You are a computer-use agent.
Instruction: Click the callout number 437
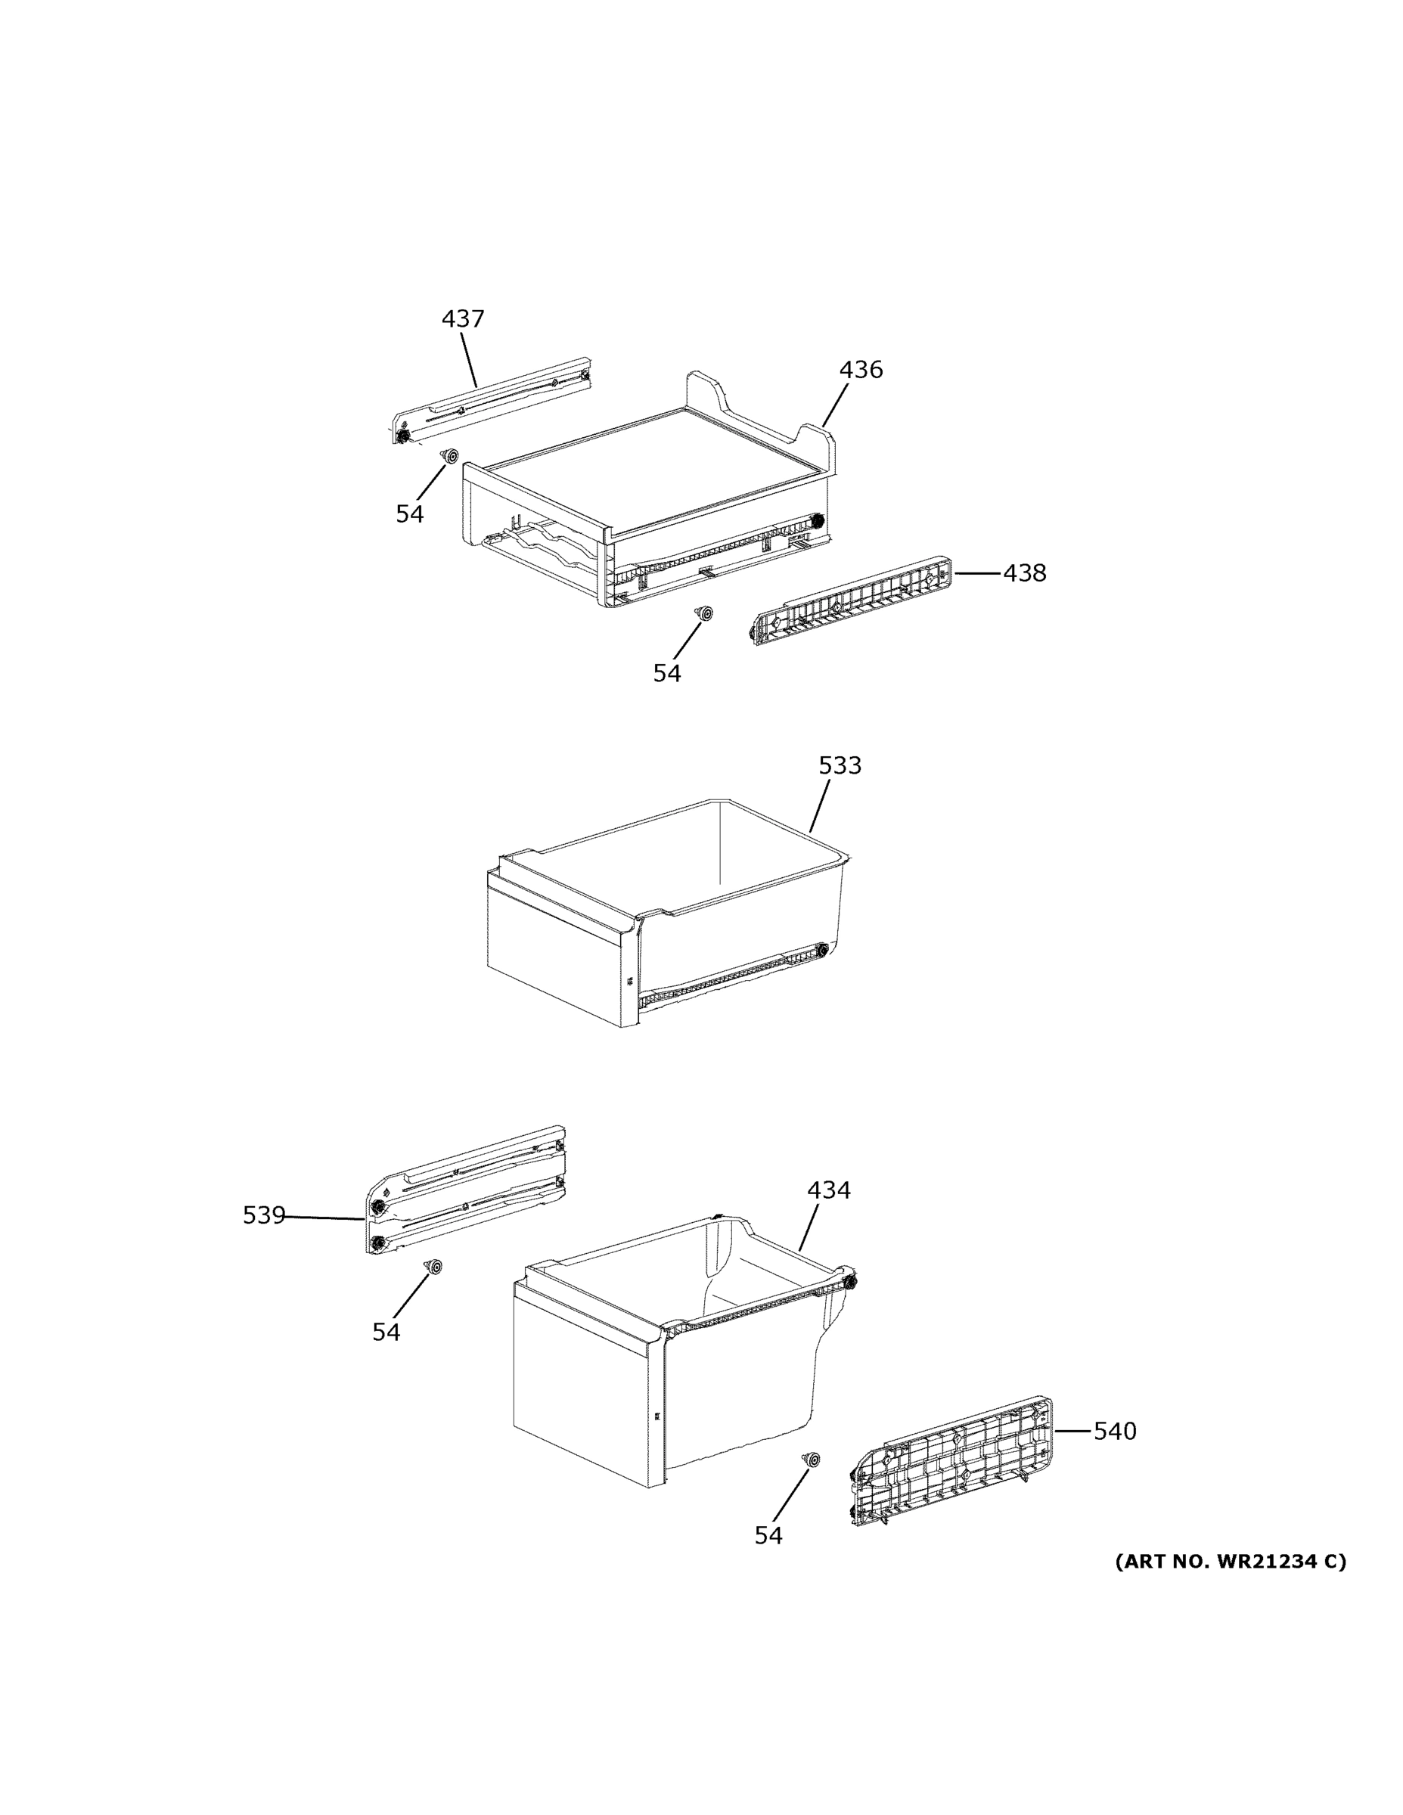462,318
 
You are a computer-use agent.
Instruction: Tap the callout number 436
860,369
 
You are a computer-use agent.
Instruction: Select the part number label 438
1024,572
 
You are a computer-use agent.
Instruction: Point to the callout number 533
840,765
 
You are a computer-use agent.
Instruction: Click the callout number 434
829,1190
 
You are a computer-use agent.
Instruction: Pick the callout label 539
263,1215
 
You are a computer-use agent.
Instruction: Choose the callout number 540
1114,1431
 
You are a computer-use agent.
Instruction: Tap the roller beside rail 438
705,613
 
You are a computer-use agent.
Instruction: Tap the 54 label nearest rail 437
409,514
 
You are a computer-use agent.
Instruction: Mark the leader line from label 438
977,572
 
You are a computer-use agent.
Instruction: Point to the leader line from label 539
324,1218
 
